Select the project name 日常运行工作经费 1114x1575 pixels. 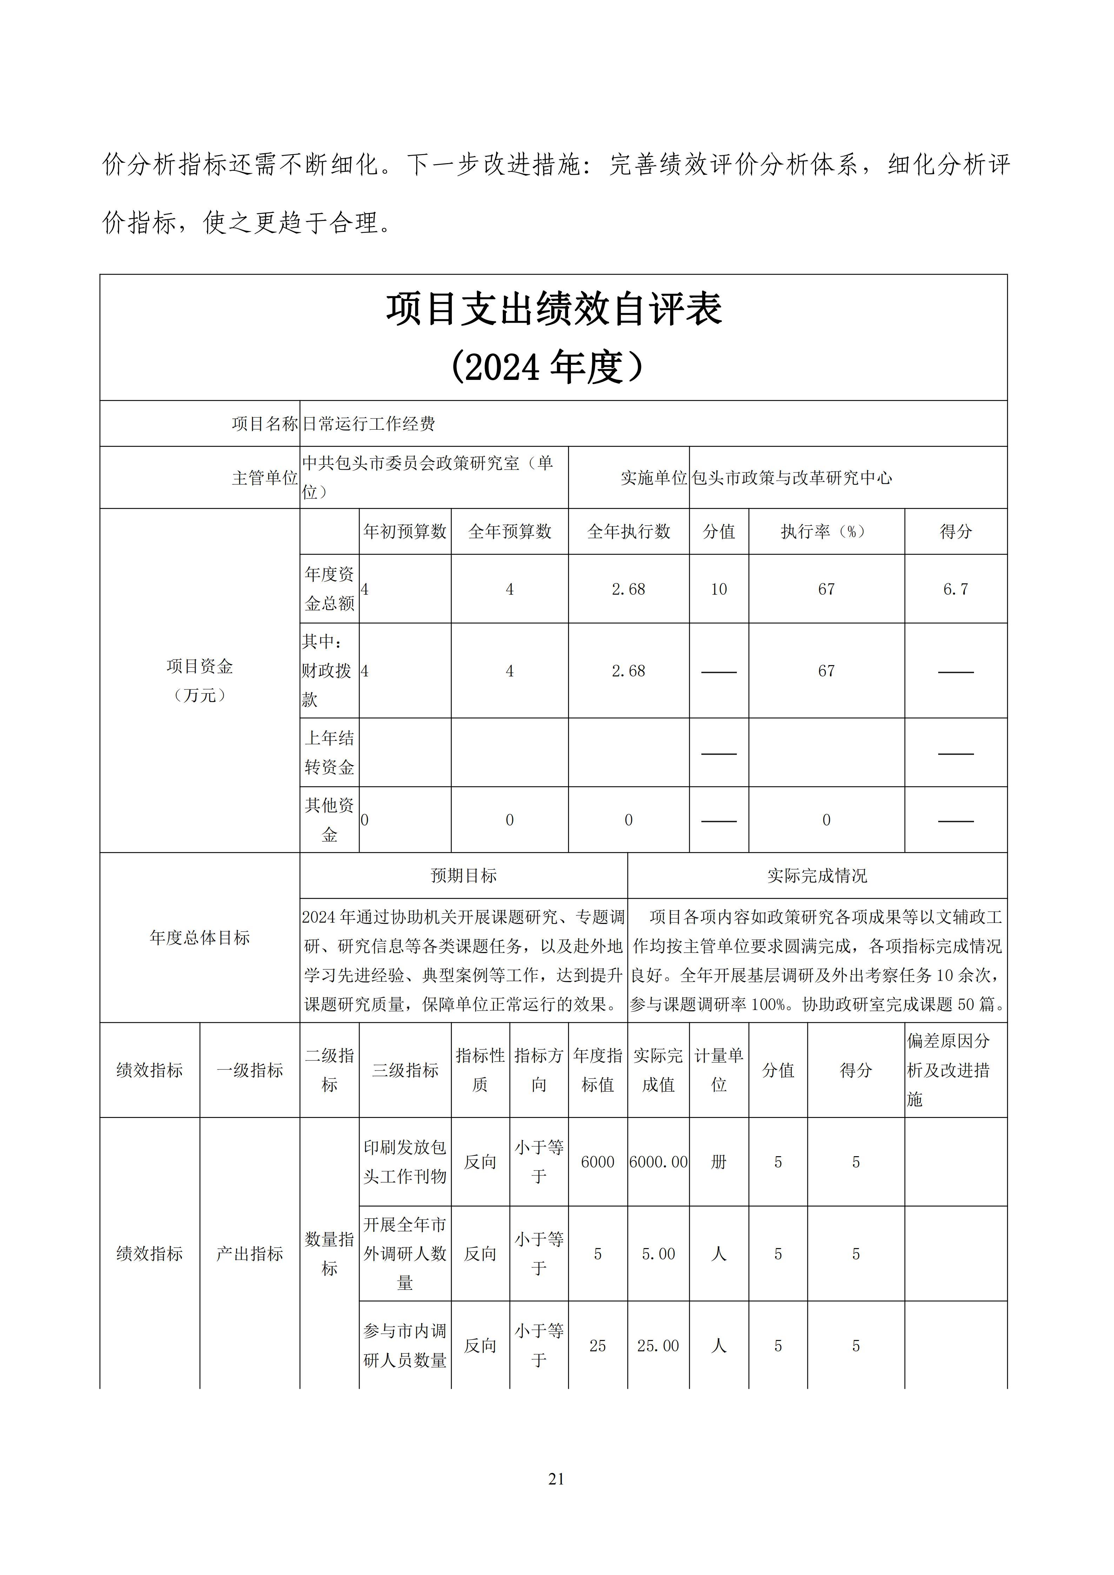pyautogui.click(x=369, y=424)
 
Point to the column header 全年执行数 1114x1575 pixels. pyautogui.click(x=628, y=532)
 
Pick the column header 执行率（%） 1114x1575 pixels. pyautogui.click(x=826, y=532)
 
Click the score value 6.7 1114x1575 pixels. pyautogui.click(x=955, y=589)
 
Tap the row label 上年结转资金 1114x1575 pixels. pyautogui.click(x=329, y=752)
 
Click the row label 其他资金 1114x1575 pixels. pyautogui.click(x=329, y=820)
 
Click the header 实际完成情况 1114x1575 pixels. pyautogui.click(x=817, y=876)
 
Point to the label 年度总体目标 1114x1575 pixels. pyautogui.click(x=200, y=938)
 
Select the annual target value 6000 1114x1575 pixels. pyautogui.click(x=598, y=1162)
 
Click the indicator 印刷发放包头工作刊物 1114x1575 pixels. pyautogui.click(x=405, y=1162)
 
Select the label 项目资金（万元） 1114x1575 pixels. pyautogui.click(x=200, y=681)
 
